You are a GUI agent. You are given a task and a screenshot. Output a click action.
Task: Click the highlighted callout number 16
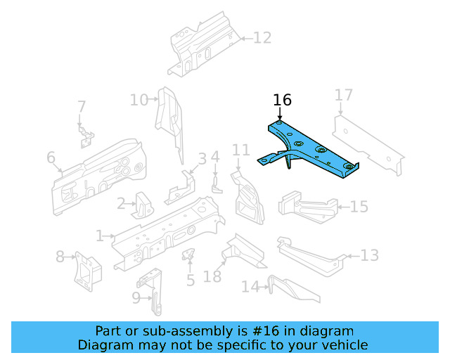coord(282,101)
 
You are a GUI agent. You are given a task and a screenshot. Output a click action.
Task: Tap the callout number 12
coord(262,38)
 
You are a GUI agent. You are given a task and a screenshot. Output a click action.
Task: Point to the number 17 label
coord(343,96)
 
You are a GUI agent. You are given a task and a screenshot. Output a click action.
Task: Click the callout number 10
coord(139,100)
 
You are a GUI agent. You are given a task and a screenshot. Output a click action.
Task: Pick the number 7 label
coord(82,107)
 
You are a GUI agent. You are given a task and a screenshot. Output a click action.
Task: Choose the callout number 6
coord(51,157)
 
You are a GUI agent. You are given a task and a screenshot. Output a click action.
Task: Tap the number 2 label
coord(121,204)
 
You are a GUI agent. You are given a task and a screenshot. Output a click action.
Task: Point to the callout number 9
coord(136,298)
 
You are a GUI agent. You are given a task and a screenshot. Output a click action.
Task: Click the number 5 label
coord(190,281)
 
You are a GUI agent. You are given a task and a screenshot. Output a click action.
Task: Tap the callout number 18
coord(212,277)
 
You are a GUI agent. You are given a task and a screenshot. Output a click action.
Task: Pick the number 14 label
coord(250,287)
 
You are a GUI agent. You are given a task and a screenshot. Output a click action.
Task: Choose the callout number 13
coord(370,255)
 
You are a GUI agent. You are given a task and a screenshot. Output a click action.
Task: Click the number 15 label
coord(359,207)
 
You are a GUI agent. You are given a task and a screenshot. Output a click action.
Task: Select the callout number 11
coord(241,150)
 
